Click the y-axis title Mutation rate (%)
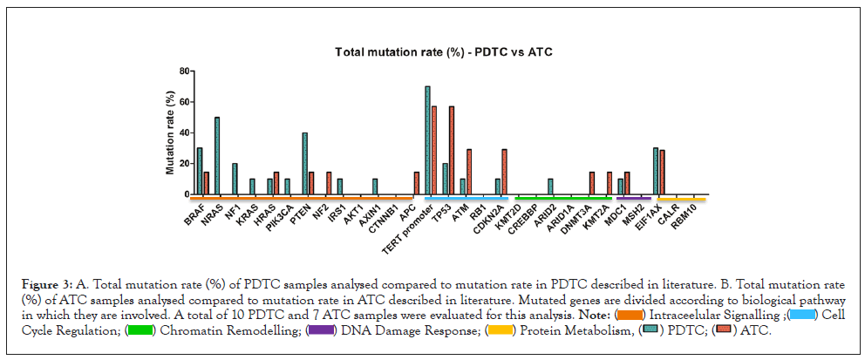click(171, 131)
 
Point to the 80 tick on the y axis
click(183, 71)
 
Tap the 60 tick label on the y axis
click(183, 102)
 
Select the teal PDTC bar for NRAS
click(216, 155)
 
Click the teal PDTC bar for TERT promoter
click(427, 140)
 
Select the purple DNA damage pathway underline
click(633, 199)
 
